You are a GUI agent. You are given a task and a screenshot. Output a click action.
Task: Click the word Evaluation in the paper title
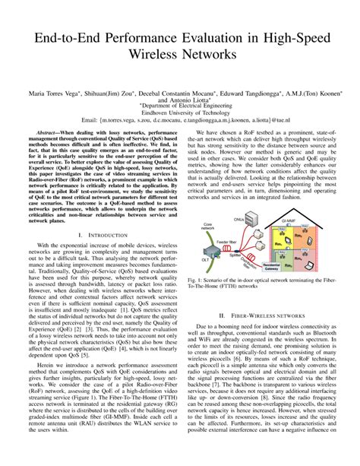[195, 38]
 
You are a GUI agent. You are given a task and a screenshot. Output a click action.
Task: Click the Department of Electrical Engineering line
[179, 111]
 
